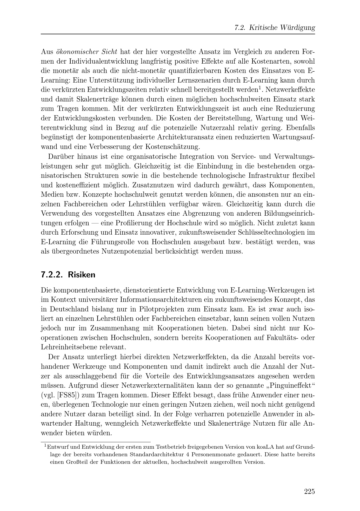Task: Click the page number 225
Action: pyautogui.click(x=309, y=492)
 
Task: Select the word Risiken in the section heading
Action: pyautogui.click(x=82, y=275)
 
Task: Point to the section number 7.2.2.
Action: pyautogui.click(x=52, y=275)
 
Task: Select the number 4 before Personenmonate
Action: pyautogui.click(x=188, y=454)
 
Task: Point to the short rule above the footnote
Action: pyautogui.click(x=96, y=442)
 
